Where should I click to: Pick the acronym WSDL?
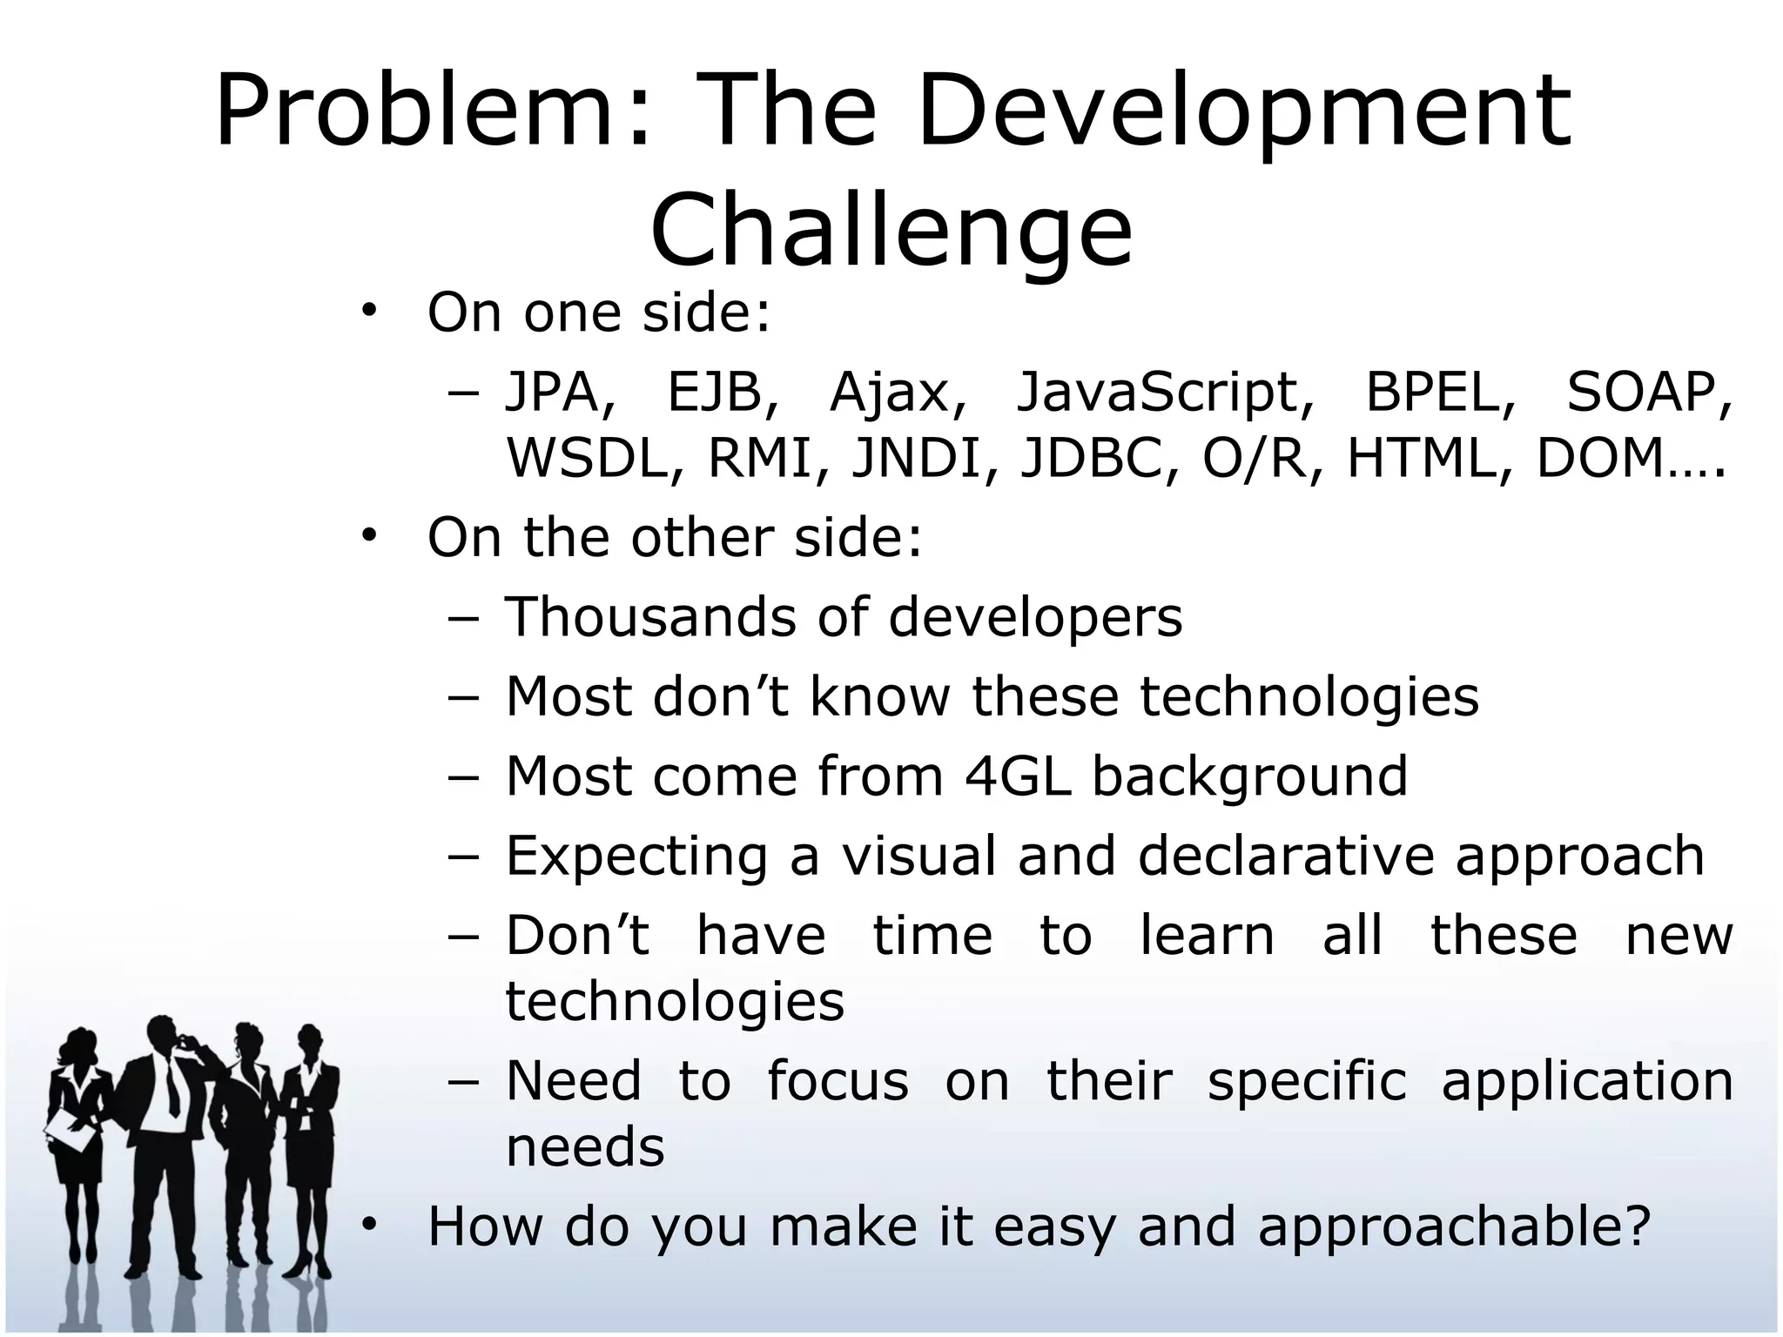click(594, 458)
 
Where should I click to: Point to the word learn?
click(1208, 936)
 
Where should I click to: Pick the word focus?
click(837, 1081)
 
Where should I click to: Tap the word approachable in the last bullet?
click(1453, 1226)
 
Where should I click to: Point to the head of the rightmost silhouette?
click(309, 1040)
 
